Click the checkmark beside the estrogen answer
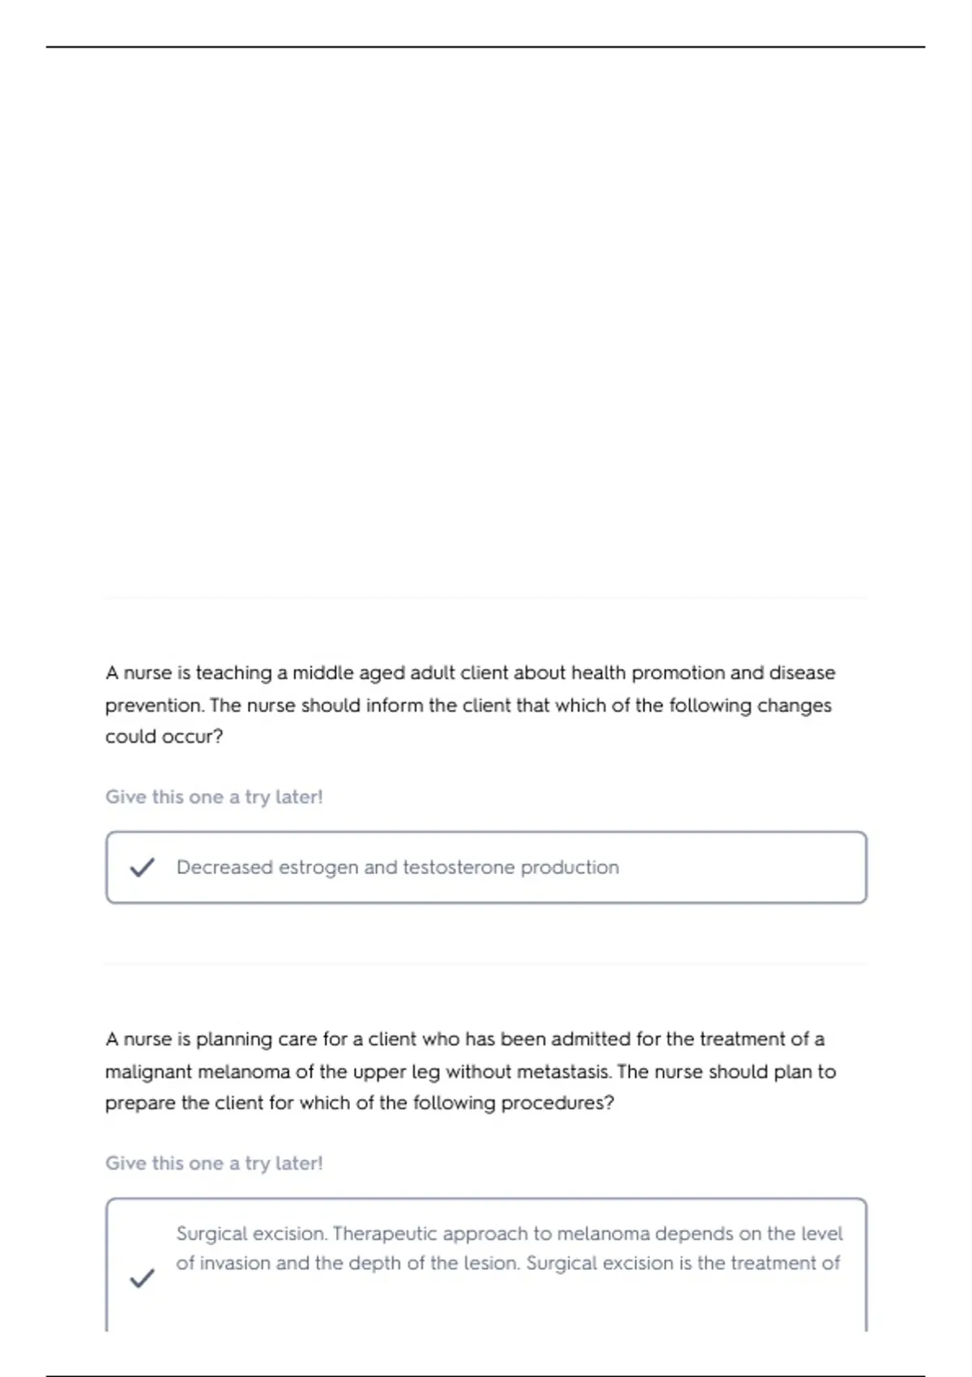click(142, 868)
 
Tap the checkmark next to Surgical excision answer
click(142, 1278)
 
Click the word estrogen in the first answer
click(318, 868)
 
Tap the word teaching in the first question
click(233, 673)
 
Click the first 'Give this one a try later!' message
click(214, 797)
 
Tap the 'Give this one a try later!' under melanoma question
click(214, 1163)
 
